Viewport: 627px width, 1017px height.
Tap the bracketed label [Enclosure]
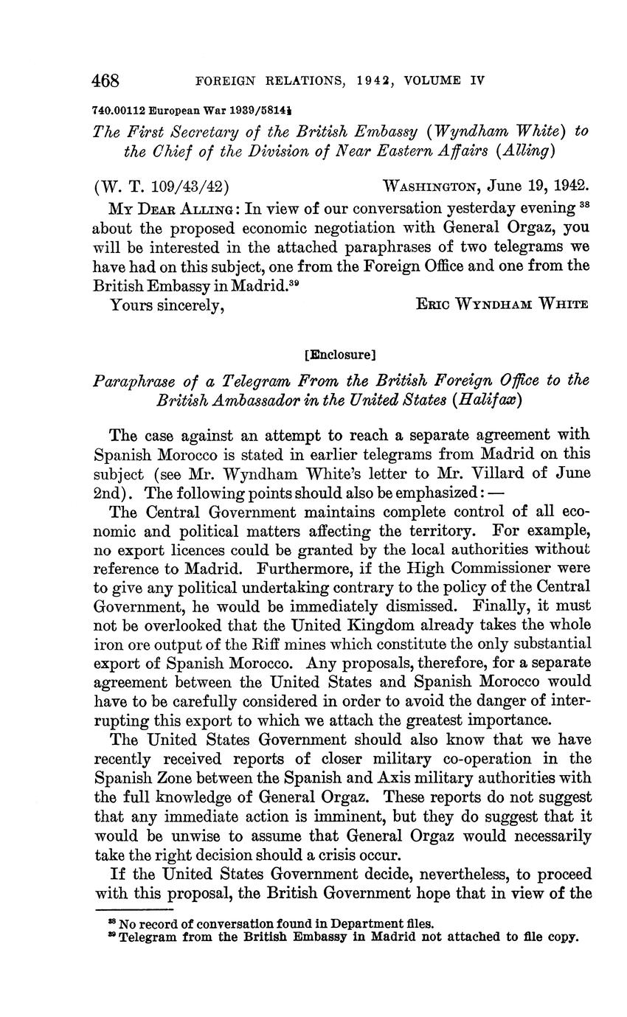click(x=340, y=354)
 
